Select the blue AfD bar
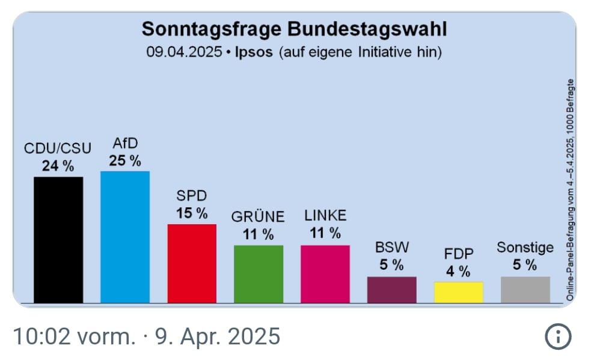(125, 237)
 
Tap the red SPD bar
(192, 263)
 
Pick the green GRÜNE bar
(259, 273)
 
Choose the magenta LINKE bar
(325, 273)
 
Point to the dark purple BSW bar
(392, 289)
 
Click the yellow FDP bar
(459, 291)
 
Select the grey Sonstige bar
(525, 289)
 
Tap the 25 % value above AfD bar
(125, 160)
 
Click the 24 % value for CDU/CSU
(58, 166)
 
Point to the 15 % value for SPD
(192, 213)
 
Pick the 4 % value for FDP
(458, 271)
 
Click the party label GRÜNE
(259, 216)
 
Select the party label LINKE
(325, 216)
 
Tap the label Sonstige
(525, 248)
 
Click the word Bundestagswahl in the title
(367, 29)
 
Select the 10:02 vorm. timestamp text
(73, 337)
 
